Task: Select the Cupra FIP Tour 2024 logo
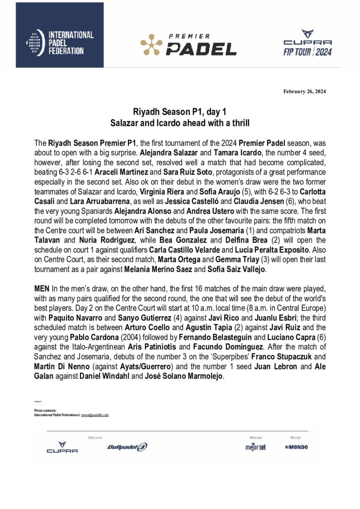[307, 43]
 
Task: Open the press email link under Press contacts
[95, 415]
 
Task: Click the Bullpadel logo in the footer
[127, 447]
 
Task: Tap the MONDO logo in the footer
[296, 447]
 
